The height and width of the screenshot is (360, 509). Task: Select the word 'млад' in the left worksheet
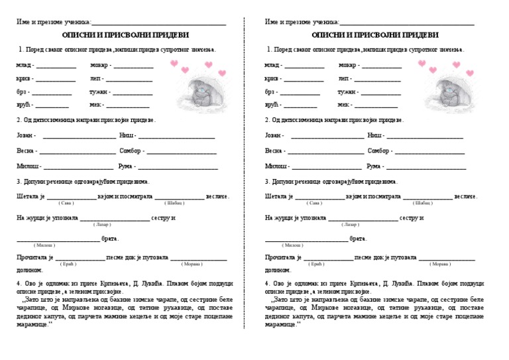pyautogui.click(x=24, y=65)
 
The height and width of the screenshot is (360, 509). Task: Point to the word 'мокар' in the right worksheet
pyautogui.click(x=347, y=65)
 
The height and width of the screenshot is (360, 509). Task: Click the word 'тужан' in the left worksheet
pyautogui.click(x=99, y=91)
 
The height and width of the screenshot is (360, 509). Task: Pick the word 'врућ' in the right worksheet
pyautogui.click(x=271, y=105)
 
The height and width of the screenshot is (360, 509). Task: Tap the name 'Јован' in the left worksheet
pyautogui.click(x=25, y=135)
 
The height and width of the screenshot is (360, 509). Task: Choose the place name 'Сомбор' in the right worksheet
pyautogui.click(x=379, y=150)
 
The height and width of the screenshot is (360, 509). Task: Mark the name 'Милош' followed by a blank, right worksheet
pyautogui.click(x=276, y=166)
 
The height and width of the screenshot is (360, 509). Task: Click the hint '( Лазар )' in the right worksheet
pyautogui.click(x=351, y=224)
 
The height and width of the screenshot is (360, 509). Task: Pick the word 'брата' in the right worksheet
pyautogui.click(x=358, y=239)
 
